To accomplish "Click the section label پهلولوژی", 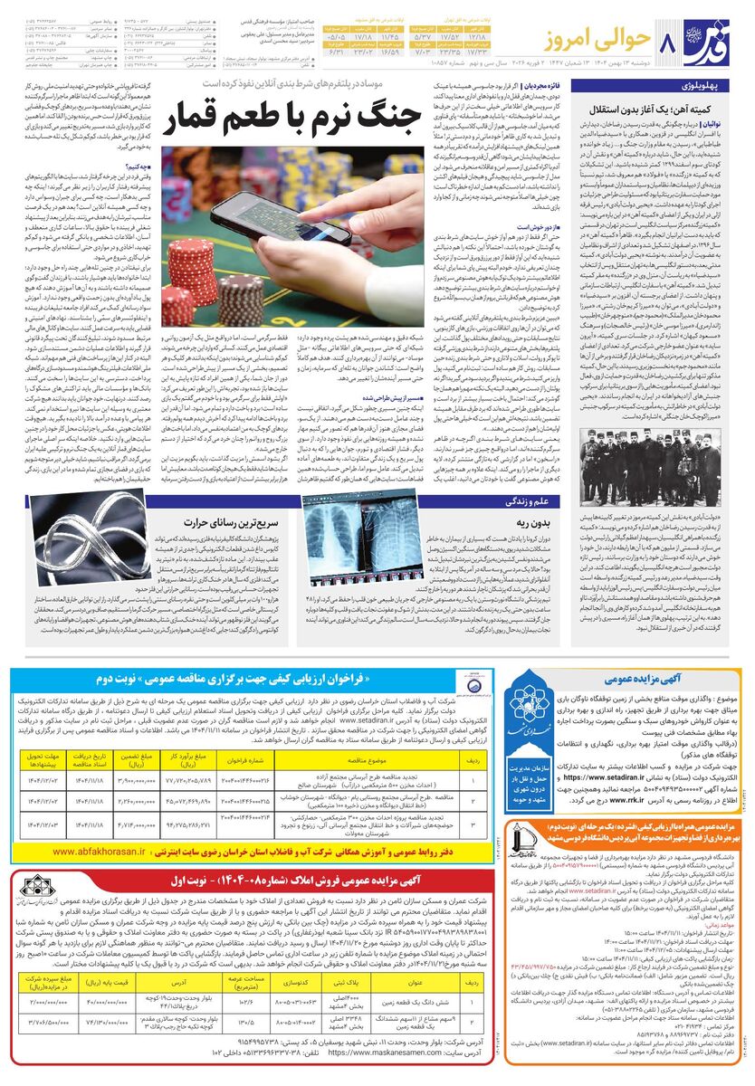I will point(708,86).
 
